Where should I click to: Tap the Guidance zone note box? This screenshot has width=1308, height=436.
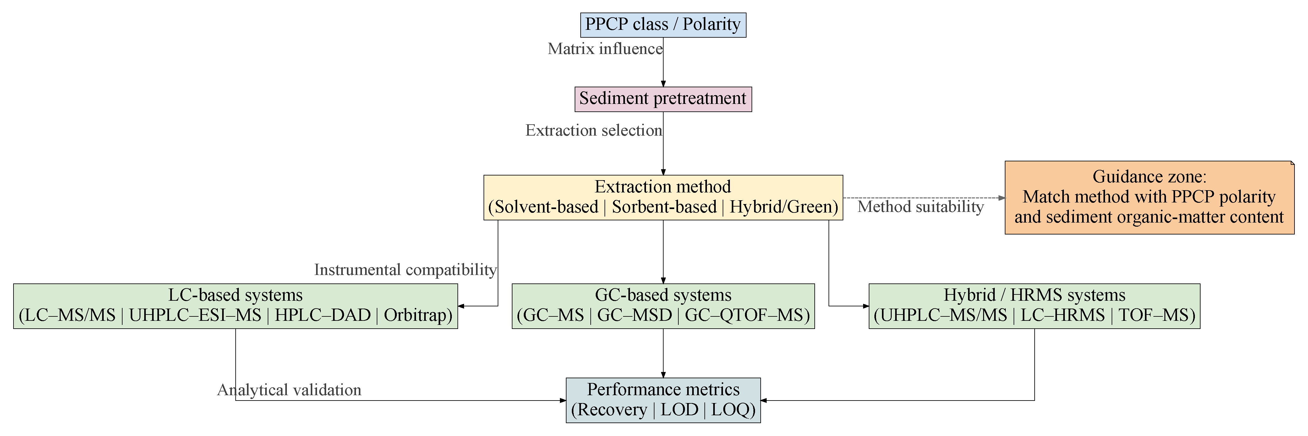tap(1149, 197)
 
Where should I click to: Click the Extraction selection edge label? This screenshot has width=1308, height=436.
tap(593, 131)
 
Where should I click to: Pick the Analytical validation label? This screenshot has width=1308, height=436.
tap(289, 390)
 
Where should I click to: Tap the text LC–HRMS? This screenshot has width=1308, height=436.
tap(1062, 315)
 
